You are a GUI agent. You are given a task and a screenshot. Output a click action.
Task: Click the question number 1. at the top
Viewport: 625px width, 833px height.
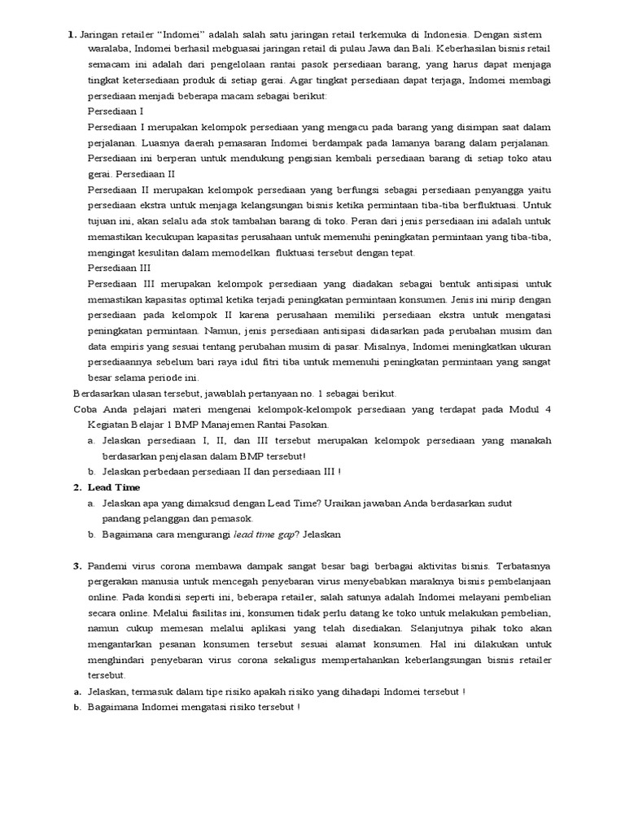click(x=72, y=34)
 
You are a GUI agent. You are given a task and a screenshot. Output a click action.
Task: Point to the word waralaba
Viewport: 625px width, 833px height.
click(x=111, y=50)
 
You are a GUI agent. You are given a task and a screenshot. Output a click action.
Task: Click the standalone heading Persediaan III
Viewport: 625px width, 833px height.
click(x=119, y=267)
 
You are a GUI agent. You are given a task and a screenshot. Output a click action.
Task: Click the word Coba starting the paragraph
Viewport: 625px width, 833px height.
click(x=86, y=409)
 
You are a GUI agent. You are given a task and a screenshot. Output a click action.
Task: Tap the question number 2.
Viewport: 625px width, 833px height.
click(x=76, y=487)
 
